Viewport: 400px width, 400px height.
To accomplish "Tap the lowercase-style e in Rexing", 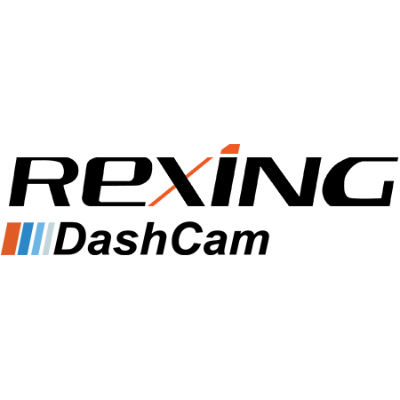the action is [x=114, y=181].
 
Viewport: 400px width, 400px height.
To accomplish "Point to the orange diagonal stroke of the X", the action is [x=180, y=181].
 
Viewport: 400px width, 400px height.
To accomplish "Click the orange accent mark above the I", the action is [x=231, y=149].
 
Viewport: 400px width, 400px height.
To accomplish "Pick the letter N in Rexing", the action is [x=280, y=181].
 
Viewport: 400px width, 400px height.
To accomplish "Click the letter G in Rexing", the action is [x=360, y=181].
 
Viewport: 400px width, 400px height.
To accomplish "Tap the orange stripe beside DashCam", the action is [x=12, y=238].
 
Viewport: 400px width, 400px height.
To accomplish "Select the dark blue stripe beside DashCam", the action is [x=25, y=238].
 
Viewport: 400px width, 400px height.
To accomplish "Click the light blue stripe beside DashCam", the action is [x=37, y=238].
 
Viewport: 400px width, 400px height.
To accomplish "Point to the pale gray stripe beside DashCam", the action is [x=48, y=238].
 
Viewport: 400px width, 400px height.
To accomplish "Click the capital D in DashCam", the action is [x=70, y=239].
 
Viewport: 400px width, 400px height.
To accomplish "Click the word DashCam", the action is [x=162, y=239].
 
